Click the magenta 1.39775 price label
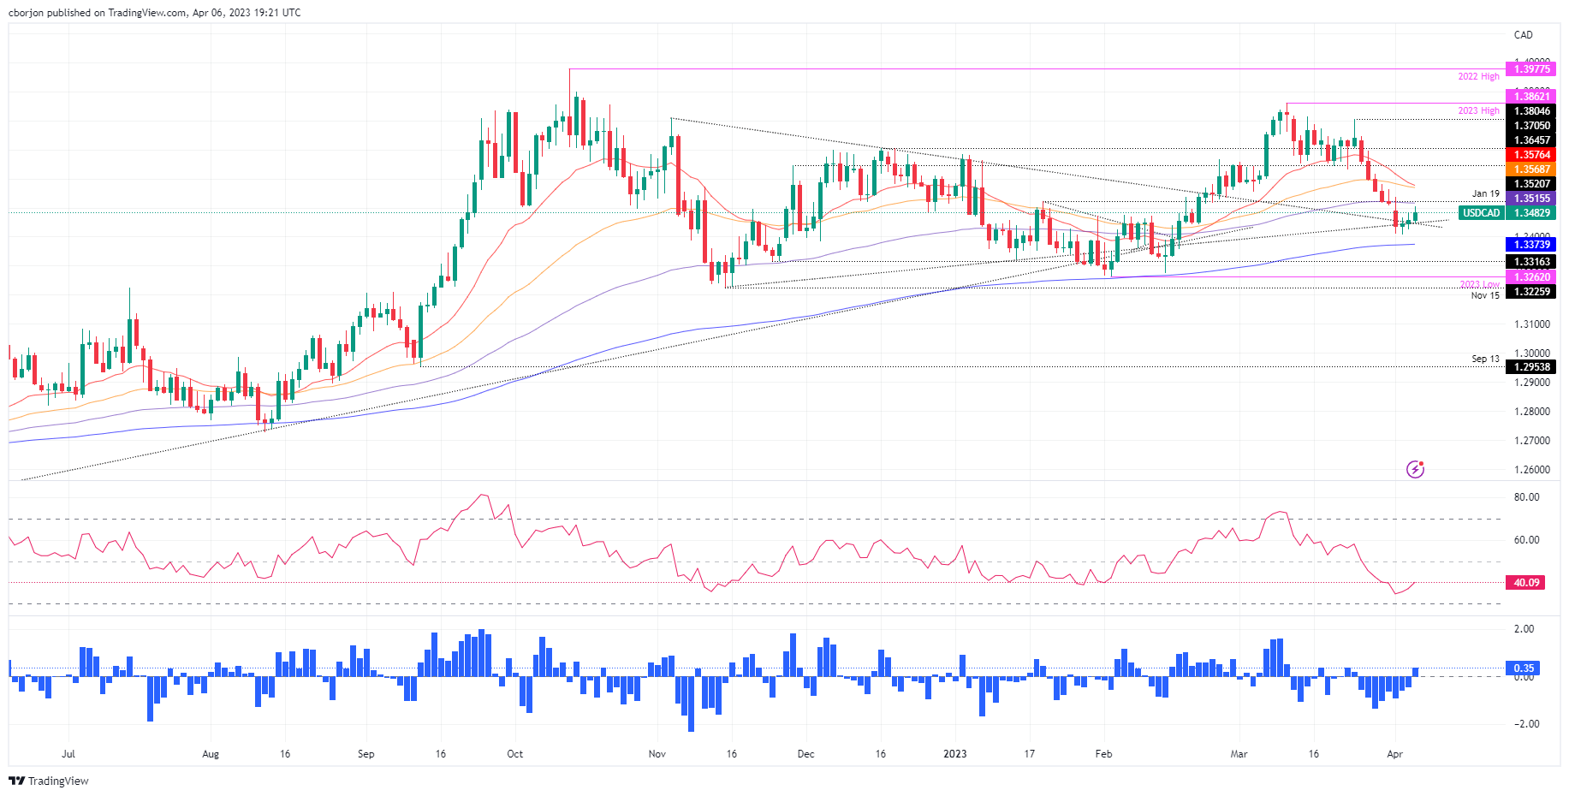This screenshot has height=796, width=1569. (1531, 69)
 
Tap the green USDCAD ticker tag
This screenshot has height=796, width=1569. (1481, 213)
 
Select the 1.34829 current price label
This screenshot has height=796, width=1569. (1531, 213)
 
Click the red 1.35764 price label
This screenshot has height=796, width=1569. (1531, 155)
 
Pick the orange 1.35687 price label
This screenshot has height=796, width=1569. (1531, 169)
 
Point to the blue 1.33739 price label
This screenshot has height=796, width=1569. (1531, 245)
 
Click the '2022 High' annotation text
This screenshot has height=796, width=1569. (1478, 77)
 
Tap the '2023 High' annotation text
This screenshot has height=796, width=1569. (1478, 111)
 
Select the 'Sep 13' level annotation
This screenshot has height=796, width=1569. (1485, 359)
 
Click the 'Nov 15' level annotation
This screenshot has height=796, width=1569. (1485, 295)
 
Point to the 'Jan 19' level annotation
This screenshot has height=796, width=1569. (1485, 194)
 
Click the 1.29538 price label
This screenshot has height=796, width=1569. (1531, 367)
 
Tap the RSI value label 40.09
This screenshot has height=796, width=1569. (1526, 583)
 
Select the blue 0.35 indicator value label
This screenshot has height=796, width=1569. (1524, 668)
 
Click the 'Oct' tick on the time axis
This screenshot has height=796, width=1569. (514, 754)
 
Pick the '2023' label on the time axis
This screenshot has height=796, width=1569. (954, 754)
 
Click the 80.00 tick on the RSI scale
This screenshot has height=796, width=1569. (1526, 497)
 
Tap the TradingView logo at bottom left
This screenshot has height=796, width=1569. (49, 781)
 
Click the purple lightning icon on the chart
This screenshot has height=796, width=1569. (1415, 469)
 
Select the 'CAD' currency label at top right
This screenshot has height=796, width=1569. (1523, 35)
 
